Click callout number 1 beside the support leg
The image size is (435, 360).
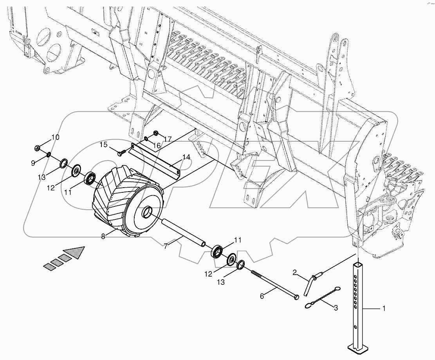coord(384,309)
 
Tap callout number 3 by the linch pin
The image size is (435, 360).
coord(335,308)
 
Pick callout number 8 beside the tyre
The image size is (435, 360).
coord(103,236)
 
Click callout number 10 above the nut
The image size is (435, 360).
coord(55,137)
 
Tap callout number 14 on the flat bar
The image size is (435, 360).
coord(186,157)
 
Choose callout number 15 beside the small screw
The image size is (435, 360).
coord(103,145)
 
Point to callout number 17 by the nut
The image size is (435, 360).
coord(168,138)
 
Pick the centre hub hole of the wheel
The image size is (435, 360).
coord(148,213)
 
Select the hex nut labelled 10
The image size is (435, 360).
coord(38,148)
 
